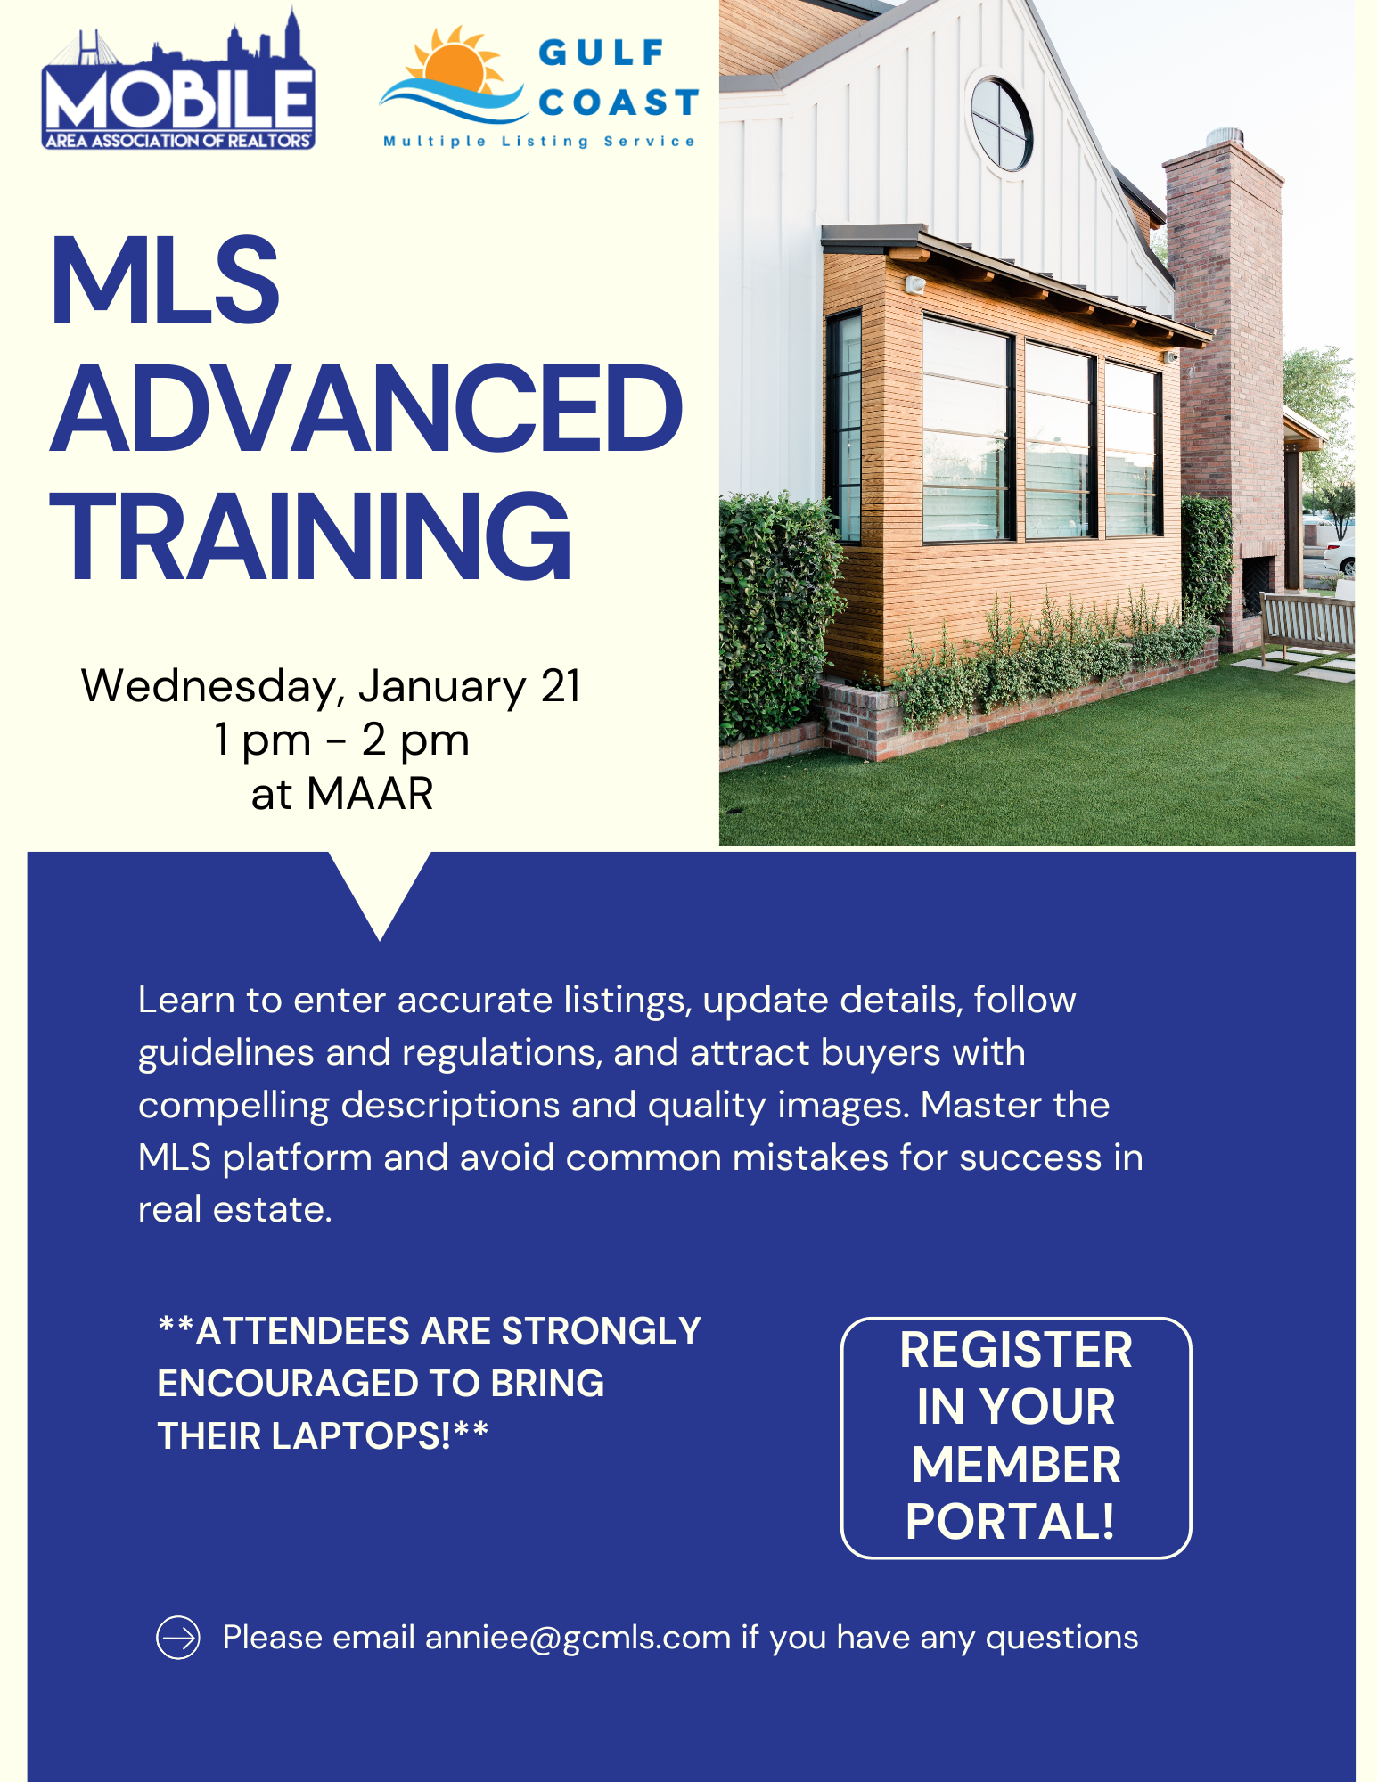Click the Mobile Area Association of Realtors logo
click(178, 80)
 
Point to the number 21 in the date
click(561, 686)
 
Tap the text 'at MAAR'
click(342, 793)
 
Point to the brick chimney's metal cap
click(1225, 137)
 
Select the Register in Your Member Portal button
click(1016, 1437)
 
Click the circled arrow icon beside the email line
click(178, 1638)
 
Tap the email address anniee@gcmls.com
click(578, 1638)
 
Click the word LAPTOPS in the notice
click(360, 1435)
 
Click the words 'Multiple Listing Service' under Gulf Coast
click(539, 142)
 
